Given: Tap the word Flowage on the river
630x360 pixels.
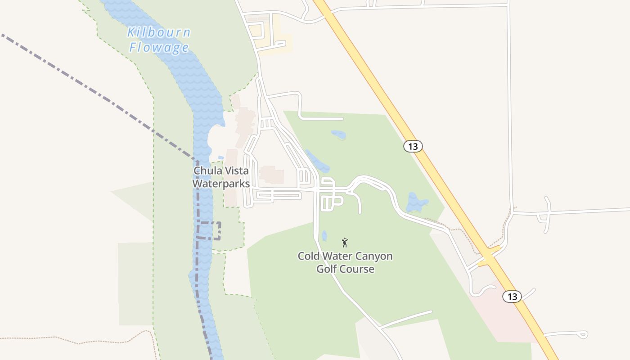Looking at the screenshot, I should point(158,47).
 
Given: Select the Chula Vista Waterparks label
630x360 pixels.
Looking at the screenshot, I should point(221,177).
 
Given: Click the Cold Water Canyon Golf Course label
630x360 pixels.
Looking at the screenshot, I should point(345,262).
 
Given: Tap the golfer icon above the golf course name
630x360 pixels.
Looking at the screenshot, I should point(345,243).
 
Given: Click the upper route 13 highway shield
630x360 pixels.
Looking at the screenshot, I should point(413,146).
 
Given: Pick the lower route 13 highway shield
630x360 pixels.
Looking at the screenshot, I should point(512,297).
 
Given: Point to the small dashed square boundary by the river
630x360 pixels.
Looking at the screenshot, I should point(209,230).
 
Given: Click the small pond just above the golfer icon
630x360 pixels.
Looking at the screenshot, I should point(324,235).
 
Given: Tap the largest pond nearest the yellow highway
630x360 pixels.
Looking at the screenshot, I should point(416,202).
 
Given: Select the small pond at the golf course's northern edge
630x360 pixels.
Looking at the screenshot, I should point(338,134).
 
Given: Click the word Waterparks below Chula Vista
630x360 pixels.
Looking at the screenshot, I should point(221,184).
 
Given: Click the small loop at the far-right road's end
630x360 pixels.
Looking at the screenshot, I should point(584,334).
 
